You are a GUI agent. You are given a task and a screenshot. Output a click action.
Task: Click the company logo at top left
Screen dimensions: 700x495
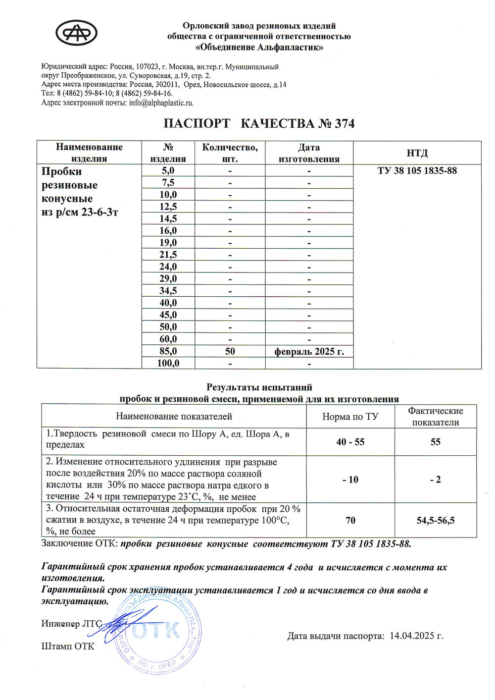pyautogui.click(x=76, y=33)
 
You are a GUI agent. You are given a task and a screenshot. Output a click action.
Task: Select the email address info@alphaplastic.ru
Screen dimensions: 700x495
pyautogui.click(x=161, y=103)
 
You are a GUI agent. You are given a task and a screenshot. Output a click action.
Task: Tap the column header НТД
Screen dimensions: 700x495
pyautogui.click(x=417, y=153)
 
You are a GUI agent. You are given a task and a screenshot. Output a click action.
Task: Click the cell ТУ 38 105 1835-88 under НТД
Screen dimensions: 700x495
pyautogui.click(x=417, y=171)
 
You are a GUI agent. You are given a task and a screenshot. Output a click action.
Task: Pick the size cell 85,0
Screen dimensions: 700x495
pyautogui.click(x=168, y=351)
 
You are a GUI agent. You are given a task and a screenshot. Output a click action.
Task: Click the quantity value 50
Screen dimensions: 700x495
pyautogui.click(x=230, y=351)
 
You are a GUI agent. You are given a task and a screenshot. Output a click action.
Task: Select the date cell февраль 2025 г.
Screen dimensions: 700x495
pyautogui.click(x=309, y=352)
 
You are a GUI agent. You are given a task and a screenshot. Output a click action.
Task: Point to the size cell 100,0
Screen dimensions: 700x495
pyautogui.click(x=168, y=364)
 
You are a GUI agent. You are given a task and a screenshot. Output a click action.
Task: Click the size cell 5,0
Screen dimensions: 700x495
pyautogui.click(x=168, y=171)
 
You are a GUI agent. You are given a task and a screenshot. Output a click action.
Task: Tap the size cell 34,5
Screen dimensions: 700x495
pyautogui.click(x=168, y=291)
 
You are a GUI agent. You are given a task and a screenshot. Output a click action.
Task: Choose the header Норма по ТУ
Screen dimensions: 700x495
pyautogui.click(x=350, y=417)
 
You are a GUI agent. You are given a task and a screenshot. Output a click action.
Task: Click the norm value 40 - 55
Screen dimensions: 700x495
pyautogui.click(x=350, y=442)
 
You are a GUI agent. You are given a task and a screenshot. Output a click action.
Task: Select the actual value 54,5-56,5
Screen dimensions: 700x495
pyautogui.click(x=435, y=520)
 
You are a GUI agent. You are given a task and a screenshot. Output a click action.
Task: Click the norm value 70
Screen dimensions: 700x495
pyautogui.click(x=350, y=520)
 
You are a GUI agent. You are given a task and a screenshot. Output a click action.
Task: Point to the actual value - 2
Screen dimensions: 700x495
pyautogui.click(x=435, y=480)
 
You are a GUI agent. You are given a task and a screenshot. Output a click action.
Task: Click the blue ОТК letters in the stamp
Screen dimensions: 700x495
pyautogui.click(x=156, y=631)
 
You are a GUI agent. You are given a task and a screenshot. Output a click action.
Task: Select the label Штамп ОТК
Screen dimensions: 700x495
pyautogui.click(x=67, y=646)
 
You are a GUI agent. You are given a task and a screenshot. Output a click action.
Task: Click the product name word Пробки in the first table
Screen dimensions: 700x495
pyautogui.click(x=61, y=171)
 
